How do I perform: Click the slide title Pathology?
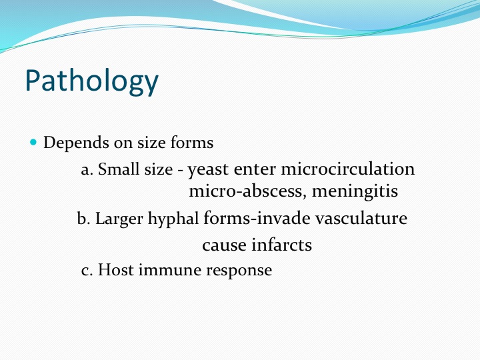pos(92,81)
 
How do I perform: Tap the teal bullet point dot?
pos(34,142)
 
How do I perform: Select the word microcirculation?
pos(348,169)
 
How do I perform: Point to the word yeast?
pos(208,170)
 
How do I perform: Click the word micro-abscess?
pos(247,191)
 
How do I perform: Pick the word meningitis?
pos(355,192)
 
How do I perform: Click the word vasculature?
pos(361,219)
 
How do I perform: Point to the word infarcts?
pos(282,245)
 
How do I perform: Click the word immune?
pos(170,270)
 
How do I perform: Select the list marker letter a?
pos(87,170)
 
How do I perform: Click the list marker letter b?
pos(83,218)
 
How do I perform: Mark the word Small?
pos(119,169)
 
